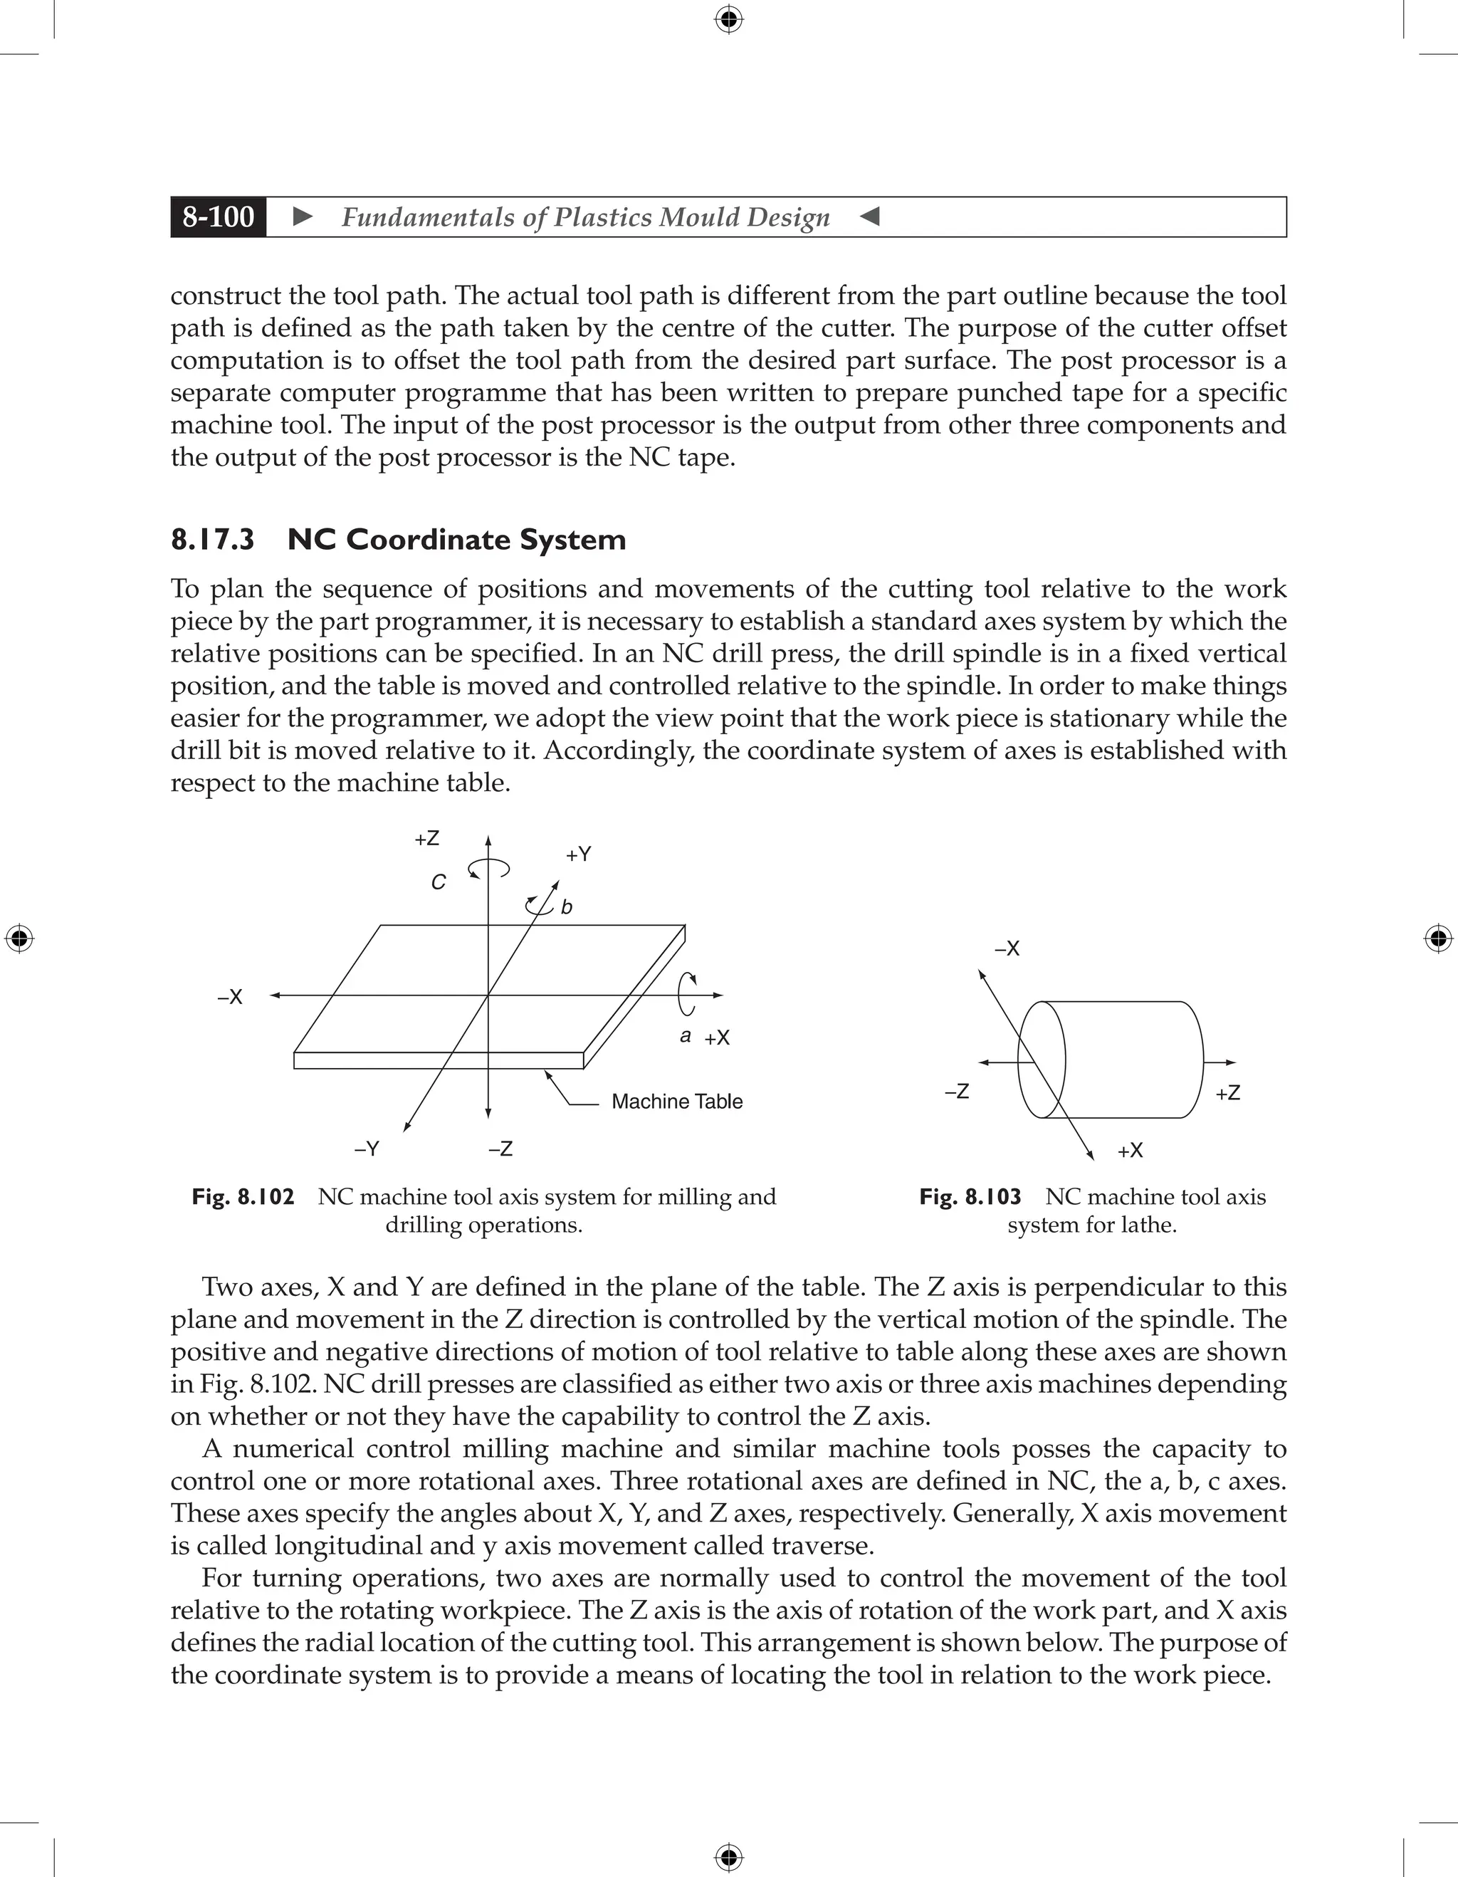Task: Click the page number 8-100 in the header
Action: [x=219, y=216]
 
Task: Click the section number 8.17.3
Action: [x=212, y=540]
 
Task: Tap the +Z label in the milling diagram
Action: [x=427, y=839]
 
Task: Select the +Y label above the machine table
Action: [x=578, y=854]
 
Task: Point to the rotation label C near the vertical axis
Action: [x=438, y=882]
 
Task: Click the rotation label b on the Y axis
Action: [x=566, y=906]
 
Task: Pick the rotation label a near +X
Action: [x=685, y=1035]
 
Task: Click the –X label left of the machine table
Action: [x=230, y=997]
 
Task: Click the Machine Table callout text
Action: [x=676, y=1102]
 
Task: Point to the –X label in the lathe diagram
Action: [x=1007, y=948]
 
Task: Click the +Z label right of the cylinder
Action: [x=1228, y=1093]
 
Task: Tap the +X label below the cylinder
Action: [x=1130, y=1151]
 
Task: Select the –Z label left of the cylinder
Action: [x=956, y=1092]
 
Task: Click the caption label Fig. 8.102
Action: [x=243, y=1197]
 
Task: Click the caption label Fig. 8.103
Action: [x=970, y=1197]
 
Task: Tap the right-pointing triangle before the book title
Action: [x=303, y=216]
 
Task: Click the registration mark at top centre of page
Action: [x=728, y=19]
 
